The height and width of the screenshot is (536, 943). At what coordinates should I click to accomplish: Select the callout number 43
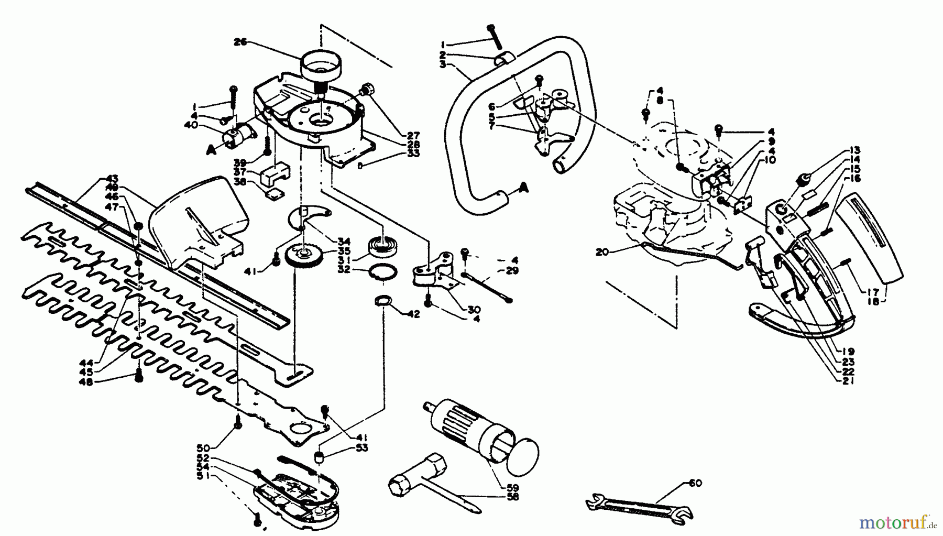coord(112,178)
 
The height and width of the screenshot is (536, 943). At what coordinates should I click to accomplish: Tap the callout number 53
coord(361,447)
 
